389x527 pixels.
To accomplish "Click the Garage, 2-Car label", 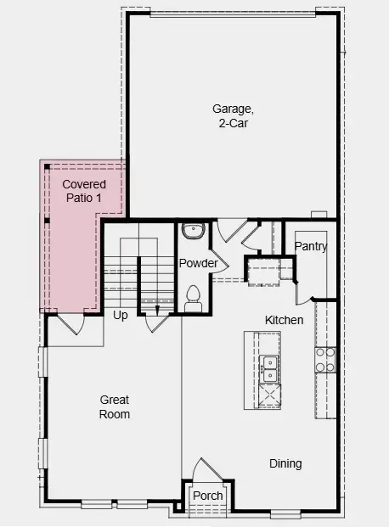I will (x=233, y=115).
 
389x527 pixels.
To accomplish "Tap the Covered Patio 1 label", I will (x=84, y=190).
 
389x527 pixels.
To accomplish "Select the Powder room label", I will (x=198, y=263).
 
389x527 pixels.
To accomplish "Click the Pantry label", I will (x=311, y=246).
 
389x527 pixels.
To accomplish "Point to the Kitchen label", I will (x=284, y=320).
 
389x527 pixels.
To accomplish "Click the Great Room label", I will (x=115, y=406).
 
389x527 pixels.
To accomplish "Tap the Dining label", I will (x=285, y=463).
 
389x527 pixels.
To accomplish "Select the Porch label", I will (x=207, y=496).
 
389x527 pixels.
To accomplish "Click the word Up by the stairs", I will (x=121, y=315).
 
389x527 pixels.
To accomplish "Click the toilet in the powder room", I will (x=193, y=295).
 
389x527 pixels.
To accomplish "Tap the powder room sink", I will (x=193, y=230).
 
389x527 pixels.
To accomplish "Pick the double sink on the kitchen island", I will (x=270, y=368).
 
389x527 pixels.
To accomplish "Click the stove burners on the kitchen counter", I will (x=325, y=360).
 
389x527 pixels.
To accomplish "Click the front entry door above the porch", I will (x=205, y=470).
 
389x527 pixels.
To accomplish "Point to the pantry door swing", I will (x=302, y=291).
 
